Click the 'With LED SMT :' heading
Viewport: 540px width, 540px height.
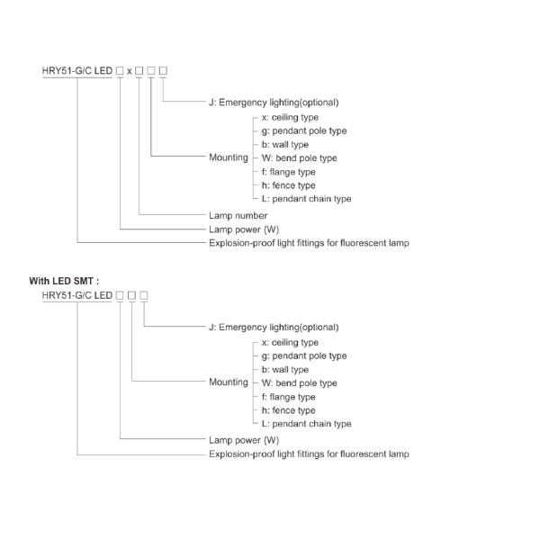click(64, 281)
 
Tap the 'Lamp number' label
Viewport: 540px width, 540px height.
click(238, 215)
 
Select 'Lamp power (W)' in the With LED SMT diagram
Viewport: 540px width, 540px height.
click(244, 440)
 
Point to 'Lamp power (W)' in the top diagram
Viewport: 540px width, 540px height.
click(244, 229)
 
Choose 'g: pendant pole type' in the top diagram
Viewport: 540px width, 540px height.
click(303, 130)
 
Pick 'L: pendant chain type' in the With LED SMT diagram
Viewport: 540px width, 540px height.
click(306, 423)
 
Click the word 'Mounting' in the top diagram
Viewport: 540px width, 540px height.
click(228, 157)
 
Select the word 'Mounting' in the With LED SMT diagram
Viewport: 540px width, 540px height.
click(228, 382)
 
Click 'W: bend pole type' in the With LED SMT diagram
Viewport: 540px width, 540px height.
click(299, 382)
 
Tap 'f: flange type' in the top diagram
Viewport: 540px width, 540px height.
click(288, 171)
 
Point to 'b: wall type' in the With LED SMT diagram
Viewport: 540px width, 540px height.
click(285, 369)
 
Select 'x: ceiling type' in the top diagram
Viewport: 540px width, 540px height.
click(290, 117)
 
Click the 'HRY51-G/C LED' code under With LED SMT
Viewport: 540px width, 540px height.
click(77, 295)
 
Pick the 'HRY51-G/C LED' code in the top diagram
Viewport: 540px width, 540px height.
click(77, 71)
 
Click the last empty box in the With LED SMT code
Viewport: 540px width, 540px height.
click(144, 295)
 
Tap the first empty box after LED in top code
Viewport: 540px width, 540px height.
click(119, 71)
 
